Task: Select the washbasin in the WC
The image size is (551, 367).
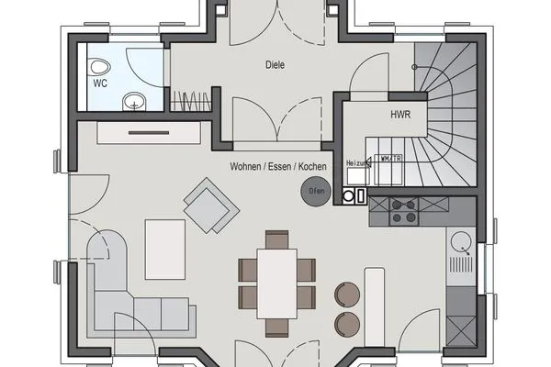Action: [134, 100]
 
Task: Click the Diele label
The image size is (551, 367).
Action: [275, 65]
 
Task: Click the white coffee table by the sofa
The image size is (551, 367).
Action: [165, 248]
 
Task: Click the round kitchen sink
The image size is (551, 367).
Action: [461, 243]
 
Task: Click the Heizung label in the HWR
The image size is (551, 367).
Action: [355, 163]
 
